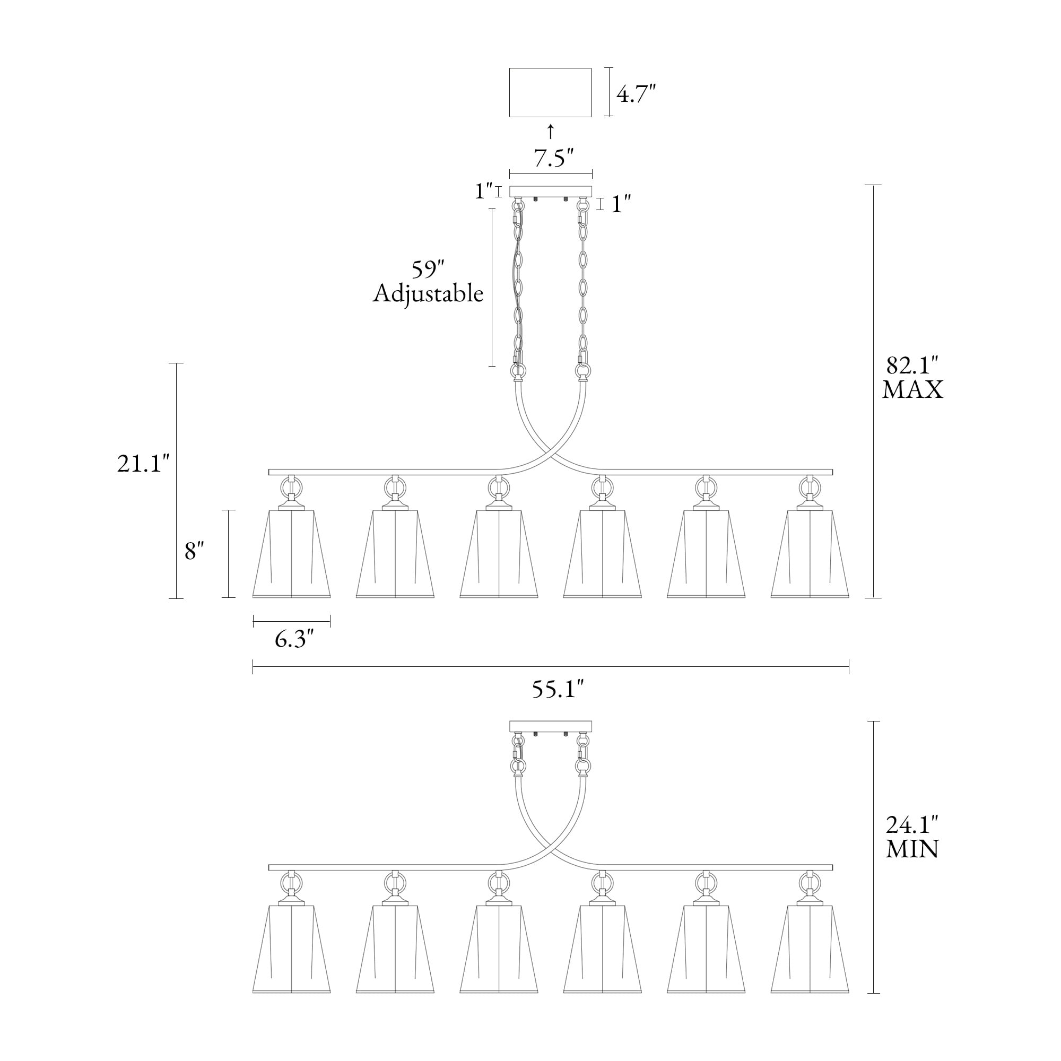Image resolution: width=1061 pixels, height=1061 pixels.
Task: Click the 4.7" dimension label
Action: click(x=636, y=94)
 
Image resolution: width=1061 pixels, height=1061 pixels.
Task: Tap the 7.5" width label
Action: click(x=553, y=158)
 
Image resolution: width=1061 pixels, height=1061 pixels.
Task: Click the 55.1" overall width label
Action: click(x=558, y=689)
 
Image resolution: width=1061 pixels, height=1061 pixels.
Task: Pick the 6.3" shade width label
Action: click(x=294, y=639)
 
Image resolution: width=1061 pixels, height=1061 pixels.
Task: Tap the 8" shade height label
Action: click(x=194, y=550)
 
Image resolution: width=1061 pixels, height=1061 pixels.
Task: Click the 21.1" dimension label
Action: click(x=140, y=464)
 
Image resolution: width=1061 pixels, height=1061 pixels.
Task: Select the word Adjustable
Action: click(x=428, y=294)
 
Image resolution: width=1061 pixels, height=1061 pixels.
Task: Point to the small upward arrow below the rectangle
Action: click(x=551, y=132)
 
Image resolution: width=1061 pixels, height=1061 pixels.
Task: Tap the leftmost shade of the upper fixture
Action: click(x=292, y=553)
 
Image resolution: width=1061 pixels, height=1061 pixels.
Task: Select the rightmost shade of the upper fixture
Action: click(x=810, y=553)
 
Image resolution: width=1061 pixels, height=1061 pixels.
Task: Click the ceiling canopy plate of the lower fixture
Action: click(x=551, y=727)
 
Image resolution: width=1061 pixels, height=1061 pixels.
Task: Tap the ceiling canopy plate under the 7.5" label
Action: click(x=551, y=192)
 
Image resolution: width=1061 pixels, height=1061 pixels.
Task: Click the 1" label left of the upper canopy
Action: click(x=483, y=191)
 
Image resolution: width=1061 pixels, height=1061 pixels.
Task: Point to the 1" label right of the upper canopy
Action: click(x=620, y=204)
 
